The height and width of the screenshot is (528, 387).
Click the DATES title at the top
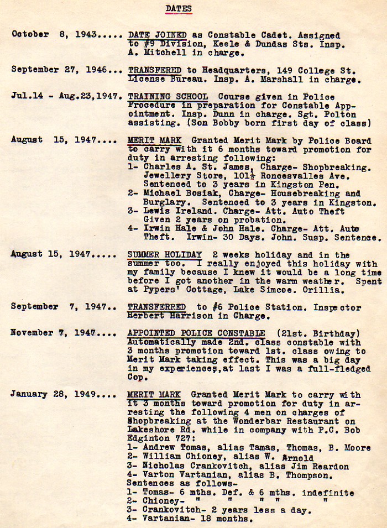click(x=179, y=8)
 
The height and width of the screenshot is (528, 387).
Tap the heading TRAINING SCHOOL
click(x=168, y=96)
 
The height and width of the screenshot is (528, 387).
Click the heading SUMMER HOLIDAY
click(x=164, y=255)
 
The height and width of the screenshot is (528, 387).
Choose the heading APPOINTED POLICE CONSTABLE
click(x=196, y=333)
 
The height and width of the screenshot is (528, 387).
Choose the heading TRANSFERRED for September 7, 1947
click(x=156, y=307)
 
